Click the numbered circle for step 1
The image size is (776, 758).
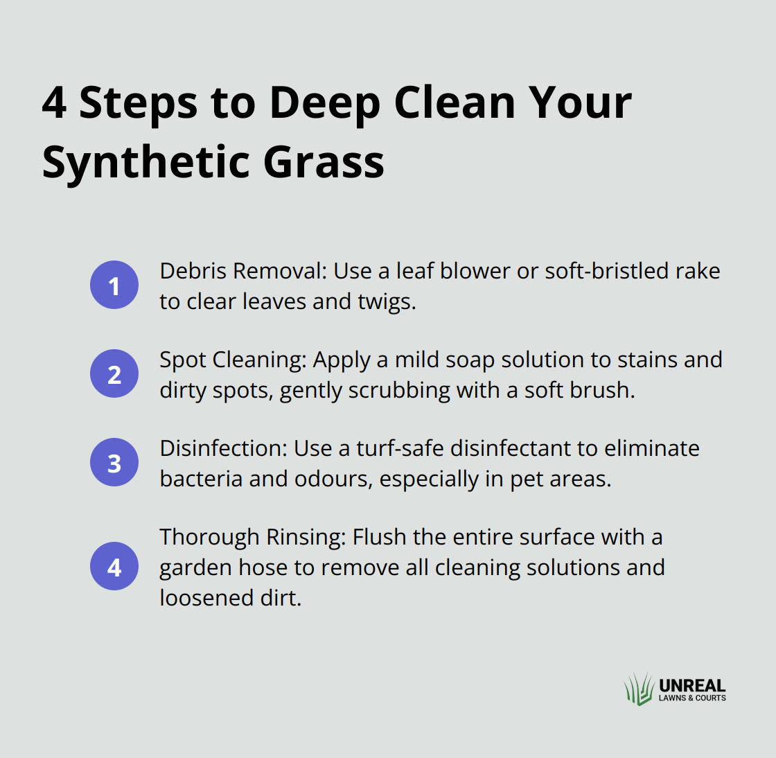(x=114, y=285)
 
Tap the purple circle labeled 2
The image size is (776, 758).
(x=114, y=373)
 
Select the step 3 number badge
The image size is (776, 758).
(x=114, y=462)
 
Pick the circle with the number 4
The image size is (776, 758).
(x=114, y=566)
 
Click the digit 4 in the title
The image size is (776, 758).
(x=54, y=103)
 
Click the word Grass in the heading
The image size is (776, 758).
(x=324, y=162)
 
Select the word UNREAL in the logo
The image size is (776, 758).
(x=692, y=685)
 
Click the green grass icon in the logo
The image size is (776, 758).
(x=639, y=689)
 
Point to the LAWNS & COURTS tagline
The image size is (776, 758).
(x=692, y=698)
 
